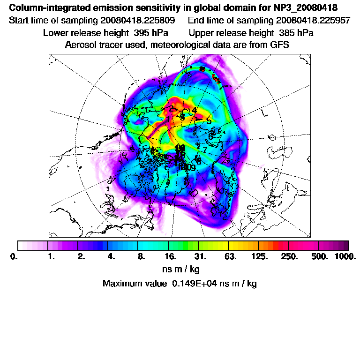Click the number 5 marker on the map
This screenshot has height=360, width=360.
pyautogui.click(x=209, y=121)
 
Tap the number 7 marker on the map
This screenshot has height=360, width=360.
pyautogui.click(x=205, y=150)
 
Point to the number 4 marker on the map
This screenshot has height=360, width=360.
pyautogui.click(x=194, y=110)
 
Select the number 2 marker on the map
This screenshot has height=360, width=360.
pyautogui.click(x=172, y=109)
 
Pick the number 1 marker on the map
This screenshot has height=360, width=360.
pyautogui.click(x=168, y=119)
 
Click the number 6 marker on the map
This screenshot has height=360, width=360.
pyautogui.click(x=210, y=136)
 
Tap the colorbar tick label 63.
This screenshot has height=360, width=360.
pyautogui.click(x=230, y=257)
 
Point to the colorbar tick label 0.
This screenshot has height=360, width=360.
pyautogui.click(x=13, y=257)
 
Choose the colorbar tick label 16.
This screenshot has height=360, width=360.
pyautogui.click(x=171, y=257)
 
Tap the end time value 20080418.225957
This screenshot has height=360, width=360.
pyautogui.click(x=313, y=21)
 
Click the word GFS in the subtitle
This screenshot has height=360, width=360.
pyautogui.click(x=279, y=45)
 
